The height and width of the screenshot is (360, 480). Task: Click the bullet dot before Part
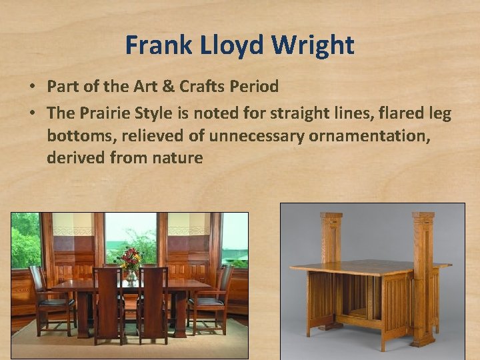point(32,87)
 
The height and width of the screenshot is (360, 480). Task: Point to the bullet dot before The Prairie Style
point(32,114)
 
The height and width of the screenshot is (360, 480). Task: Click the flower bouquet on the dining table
point(130,257)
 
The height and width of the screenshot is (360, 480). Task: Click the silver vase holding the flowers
point(131,275)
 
